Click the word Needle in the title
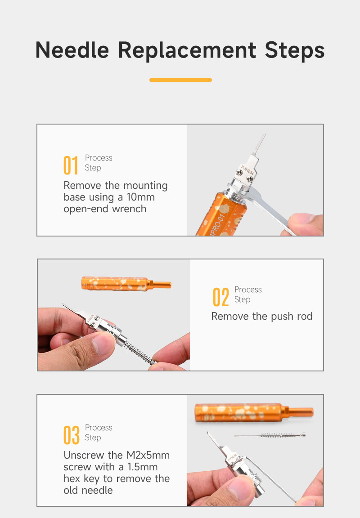pyautogui.click(x=72, y=50)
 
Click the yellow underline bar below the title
pyautogui.click(x=180, y=80)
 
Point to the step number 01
pyautogui.click(x=71, y=165)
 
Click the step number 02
pyautogui.click(x=220, y=297)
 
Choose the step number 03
pyautogui.click(x=72, y=435)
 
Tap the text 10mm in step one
pyautogui.click(x=140, y=197)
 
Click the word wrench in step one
pyautogui.click(x=129, y=209)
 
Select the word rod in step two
pyautogui.click(x=305, y=317)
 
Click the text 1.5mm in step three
pyautogui.click(x=143, y=467)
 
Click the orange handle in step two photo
pyautogui.click(x=126, y=284)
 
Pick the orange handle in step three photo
pyautogui.click(x=253, y=412)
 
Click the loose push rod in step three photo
pyautogui.click(x=270, y=435)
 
